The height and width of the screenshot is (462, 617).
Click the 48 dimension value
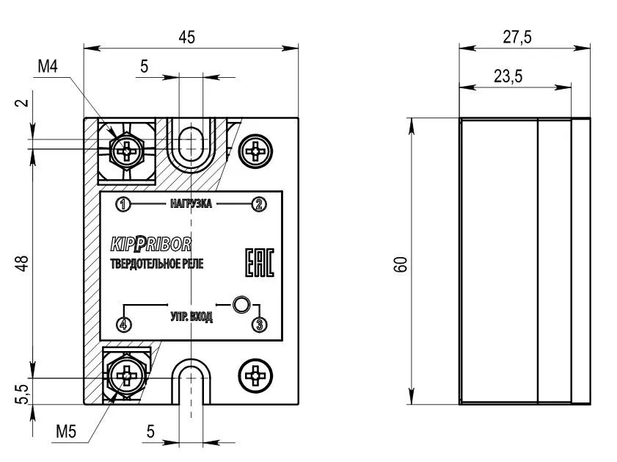tap(24, 264)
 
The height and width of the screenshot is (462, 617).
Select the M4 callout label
tap(48, 67)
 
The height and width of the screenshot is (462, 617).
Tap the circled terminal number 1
tap(123, 204)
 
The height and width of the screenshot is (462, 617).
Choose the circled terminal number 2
tap(258, 204)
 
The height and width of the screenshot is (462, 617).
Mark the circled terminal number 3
tap(258, 324)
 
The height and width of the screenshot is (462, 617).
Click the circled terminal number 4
tap(124, 324)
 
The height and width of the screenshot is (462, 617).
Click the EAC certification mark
tap(259, 263)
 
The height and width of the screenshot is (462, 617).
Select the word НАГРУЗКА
tap(190, 204)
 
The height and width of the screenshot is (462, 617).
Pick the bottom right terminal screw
tap(257, 376)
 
